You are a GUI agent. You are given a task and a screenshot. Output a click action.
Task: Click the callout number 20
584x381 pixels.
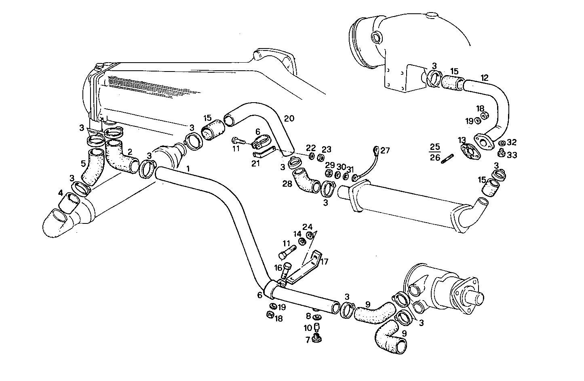(x=289, y=118)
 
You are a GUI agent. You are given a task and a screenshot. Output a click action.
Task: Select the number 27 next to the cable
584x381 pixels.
(x=385, y=151)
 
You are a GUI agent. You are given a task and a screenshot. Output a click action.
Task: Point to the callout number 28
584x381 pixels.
(x=287, y=184)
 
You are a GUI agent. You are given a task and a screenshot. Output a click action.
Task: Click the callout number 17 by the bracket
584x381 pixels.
(x=324, y=261)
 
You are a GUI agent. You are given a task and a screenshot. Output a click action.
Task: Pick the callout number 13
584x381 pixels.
(x=462, y=140)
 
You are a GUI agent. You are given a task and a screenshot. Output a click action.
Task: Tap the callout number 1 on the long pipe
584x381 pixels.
(x=188, y=167)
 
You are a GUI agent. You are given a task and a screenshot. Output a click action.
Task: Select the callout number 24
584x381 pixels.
(x=308, y=226)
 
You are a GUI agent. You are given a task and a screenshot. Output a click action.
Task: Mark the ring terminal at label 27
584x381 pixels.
(x=376, y=152)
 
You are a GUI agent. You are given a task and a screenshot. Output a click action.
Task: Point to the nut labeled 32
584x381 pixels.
(x=501, y=143)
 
